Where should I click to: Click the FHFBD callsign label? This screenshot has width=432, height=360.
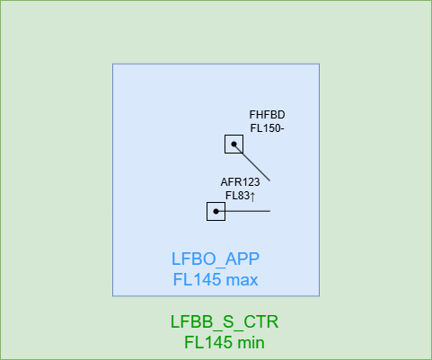(267, 115)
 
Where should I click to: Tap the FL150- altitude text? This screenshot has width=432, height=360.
(267, 128)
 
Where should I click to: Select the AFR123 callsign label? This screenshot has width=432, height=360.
(240, 182)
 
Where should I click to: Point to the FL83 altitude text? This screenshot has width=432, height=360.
(237, 196)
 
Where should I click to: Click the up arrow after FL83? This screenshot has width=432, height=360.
(252, 197)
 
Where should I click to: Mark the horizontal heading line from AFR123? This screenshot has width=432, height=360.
(243, 211)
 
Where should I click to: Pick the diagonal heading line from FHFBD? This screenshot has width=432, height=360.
(251, 162)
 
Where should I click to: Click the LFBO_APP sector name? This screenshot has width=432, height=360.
(216, 259)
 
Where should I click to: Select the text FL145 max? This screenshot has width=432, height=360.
(216, 279)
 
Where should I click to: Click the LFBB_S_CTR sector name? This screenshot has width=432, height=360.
(225, 321)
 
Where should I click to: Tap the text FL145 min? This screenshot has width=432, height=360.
(225, 342)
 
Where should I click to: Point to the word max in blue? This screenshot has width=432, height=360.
(242, 280)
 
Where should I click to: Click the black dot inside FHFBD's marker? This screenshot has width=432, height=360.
(234, 144)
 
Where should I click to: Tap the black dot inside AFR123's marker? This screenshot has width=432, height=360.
(216, 211)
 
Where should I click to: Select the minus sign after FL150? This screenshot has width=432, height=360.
(282, 129)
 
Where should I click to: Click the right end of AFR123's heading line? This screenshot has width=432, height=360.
(270, 211)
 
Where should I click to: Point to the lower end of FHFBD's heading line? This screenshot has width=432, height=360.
(269, 180)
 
